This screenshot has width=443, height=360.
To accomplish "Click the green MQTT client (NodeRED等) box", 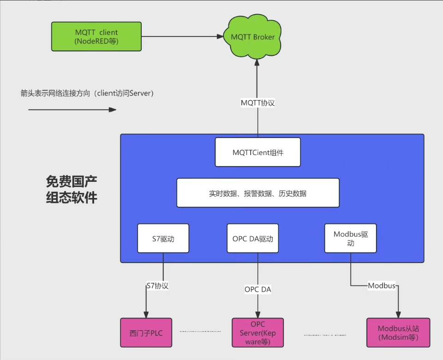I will [96, 36].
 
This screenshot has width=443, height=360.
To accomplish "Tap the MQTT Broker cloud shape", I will [253, 37].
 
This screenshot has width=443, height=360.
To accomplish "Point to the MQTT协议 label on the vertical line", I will [258, 103].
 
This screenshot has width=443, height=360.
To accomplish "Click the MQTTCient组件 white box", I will [258, 151].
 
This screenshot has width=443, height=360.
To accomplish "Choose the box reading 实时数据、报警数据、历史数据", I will [258, 193].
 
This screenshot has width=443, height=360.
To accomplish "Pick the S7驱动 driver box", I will [163, 239].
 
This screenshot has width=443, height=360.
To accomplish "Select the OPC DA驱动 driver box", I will [253, 239].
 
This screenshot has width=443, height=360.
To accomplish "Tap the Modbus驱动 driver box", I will [351, 238].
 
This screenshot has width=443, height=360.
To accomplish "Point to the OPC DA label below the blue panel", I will [258, 290].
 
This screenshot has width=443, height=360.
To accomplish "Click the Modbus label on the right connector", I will [382, 286].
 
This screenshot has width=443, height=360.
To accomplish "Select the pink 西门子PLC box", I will [146, 332].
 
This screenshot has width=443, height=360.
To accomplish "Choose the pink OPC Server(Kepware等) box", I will [258, 332].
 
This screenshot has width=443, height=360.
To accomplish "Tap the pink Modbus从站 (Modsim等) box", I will [398, 332].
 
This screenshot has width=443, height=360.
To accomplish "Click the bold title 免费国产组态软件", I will [72, 189].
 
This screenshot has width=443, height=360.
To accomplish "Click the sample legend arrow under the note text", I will [72, 109].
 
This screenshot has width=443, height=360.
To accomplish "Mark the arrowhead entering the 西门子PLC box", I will [146, 315].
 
